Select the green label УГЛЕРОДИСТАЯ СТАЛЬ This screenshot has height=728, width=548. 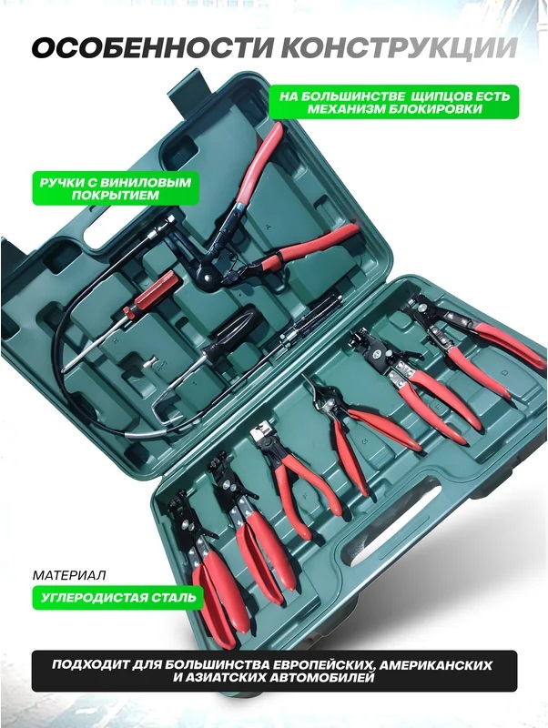[118, 598]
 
